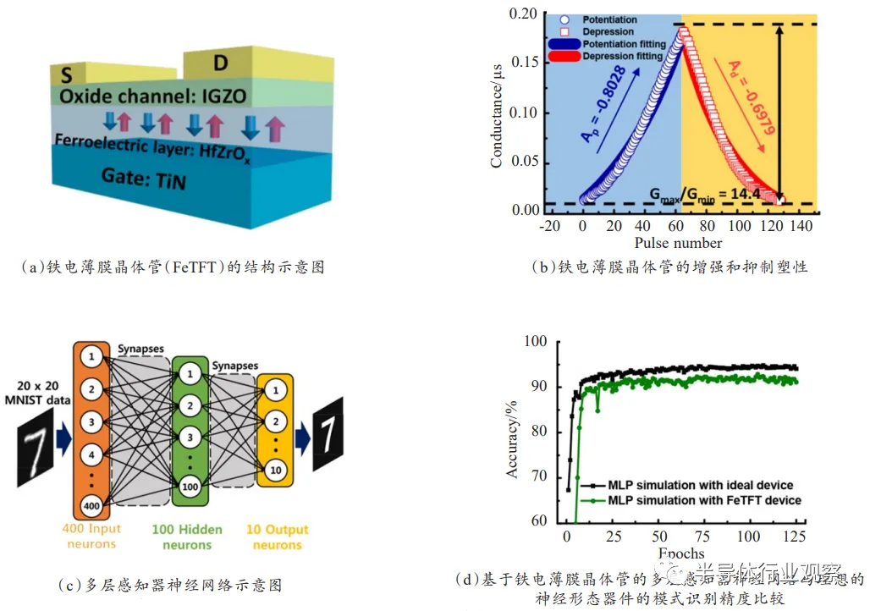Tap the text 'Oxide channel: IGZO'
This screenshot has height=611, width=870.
coord(153,96)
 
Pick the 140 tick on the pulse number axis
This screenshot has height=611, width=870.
coord(801,227)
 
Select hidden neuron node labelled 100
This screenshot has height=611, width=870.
coord(190,486)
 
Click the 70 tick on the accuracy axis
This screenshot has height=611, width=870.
coord(538,476)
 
